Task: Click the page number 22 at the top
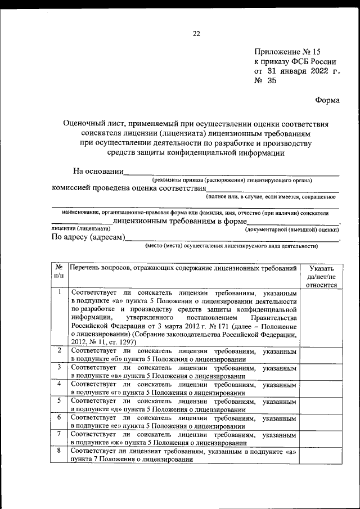pyautogui.click(x=196, y=33)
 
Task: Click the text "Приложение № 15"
pyautogui.click(x=288, y=51)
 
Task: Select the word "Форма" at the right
pyautogui.click(x=327, y=100)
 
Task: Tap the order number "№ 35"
pyautogui.click(x=265, y=82)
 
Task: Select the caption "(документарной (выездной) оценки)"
pyautogui.click(x=292, y=229)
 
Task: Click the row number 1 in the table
pyautogui.click(x=59, y=292)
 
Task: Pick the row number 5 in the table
pyautogui.click(x=59, y=401)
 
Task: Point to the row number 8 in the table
pyautogui.click(x=59, y=451)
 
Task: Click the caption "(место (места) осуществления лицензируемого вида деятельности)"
pyautogui.click(x=231, y=246)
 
